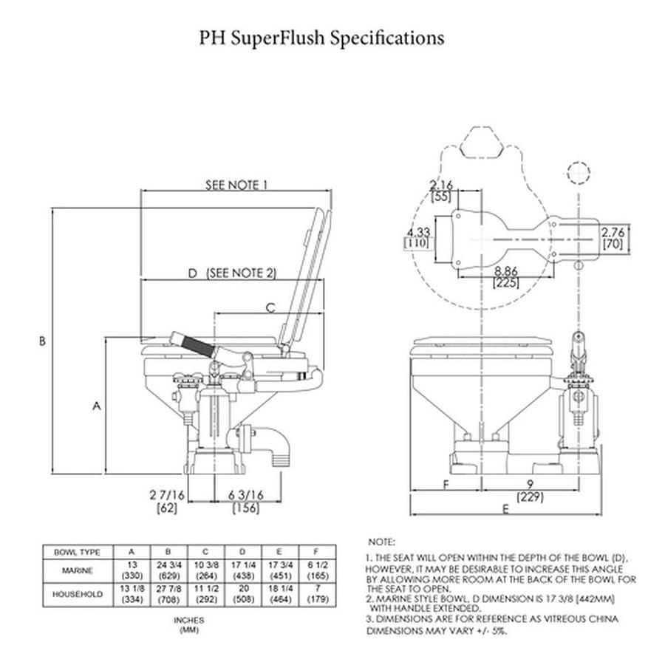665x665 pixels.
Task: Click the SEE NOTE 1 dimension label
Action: (x=236, y=185)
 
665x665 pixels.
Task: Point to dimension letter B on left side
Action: (x=43, y=341)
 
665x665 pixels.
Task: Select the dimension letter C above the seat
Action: (x=270, y=307)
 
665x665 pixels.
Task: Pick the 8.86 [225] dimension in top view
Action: (x=507, y=276)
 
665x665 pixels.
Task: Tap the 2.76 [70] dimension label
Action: (x=613, y=236)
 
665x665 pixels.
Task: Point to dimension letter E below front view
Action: (x=505, y=509)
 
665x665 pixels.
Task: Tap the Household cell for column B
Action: (x=169, y=593)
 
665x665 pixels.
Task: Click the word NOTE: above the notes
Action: (x=381, y=542)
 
